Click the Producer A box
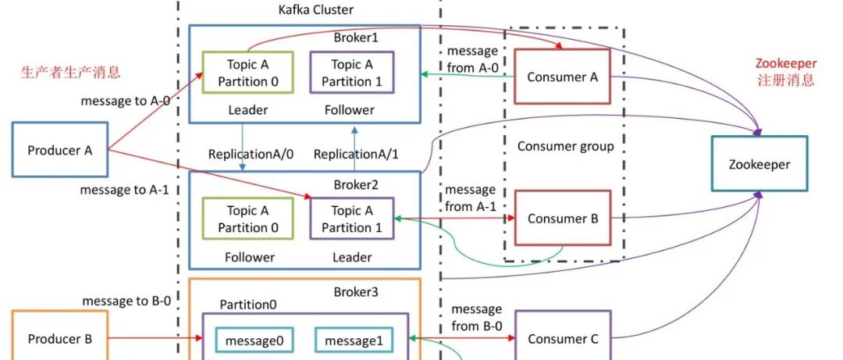[x=60, y=149]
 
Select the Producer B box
[x=60, y=339]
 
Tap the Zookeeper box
[x=759, y=164]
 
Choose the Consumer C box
[x=562, y=339]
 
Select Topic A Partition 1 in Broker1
[x=351, y=73]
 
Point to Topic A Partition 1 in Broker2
[x=352, y=219]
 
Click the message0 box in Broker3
[x=255, y=340]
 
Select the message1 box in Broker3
[x=352, y=340]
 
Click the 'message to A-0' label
[x=125, y=102]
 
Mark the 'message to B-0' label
[x=126, y=301]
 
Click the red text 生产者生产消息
[x=71, y=73]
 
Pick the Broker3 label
[x=356, y=291]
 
